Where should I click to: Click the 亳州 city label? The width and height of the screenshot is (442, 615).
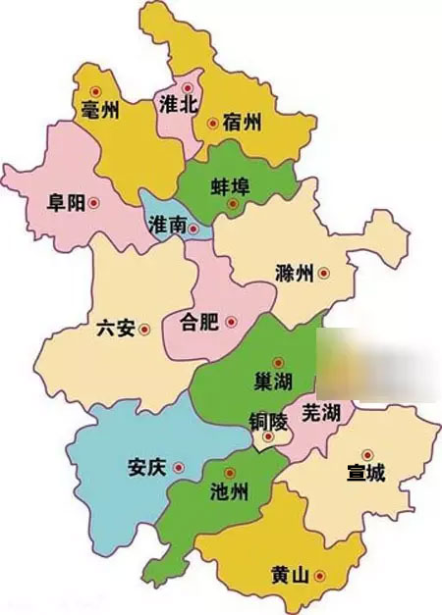[100, 111]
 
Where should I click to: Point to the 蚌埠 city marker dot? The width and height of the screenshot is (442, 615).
[233, 204]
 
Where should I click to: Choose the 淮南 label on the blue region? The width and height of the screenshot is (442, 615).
[166, 227]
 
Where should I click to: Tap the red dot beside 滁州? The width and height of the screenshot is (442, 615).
[321, 274]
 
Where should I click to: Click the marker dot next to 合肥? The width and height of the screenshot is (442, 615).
[230, 321]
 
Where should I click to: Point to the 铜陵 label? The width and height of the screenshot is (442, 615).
[265, 424]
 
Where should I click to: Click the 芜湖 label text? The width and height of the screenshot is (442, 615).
[321, 412]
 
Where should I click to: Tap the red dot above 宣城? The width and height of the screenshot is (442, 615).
[367, 455]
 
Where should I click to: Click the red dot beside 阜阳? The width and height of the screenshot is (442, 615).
[94, 203]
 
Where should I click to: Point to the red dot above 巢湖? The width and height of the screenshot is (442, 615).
[278, 362]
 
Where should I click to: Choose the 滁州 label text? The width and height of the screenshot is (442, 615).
[295, 274]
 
